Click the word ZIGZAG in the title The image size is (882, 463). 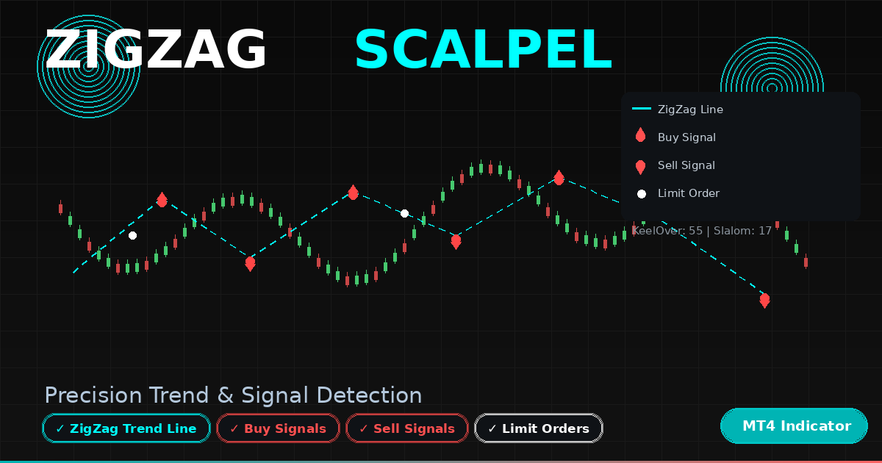pos(156,50)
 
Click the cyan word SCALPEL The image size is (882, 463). pos(484,50)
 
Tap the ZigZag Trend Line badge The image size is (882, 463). pos(126,428)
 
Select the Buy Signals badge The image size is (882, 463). pos(278,428)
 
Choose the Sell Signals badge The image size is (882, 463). pos(407,428)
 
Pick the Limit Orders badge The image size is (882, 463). pos(539,428)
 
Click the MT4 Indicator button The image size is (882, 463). pos(794,426)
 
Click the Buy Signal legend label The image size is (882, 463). pos(686,137)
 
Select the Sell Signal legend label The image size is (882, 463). pos(686,165)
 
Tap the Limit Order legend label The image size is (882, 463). pos(689,193)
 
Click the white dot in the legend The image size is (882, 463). pos(642,194)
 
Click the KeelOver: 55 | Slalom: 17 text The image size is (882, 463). pos(702,231)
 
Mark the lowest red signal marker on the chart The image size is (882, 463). pos(764,301)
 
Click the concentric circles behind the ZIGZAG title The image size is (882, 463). pos(89,66)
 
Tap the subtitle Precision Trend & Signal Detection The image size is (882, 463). pos(233,395)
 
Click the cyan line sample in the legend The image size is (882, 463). pos(642,108)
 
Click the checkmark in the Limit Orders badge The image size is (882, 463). pos(492,428)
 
